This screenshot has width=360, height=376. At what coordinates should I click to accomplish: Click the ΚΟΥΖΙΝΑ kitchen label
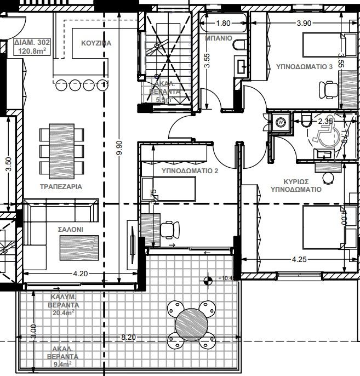pos(96,43)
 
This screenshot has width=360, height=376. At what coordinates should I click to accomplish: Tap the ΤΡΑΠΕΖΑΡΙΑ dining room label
pos(61,186)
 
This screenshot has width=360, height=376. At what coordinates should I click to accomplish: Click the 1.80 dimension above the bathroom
pos(223,24)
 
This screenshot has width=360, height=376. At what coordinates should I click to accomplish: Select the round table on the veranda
pos(191,324)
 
